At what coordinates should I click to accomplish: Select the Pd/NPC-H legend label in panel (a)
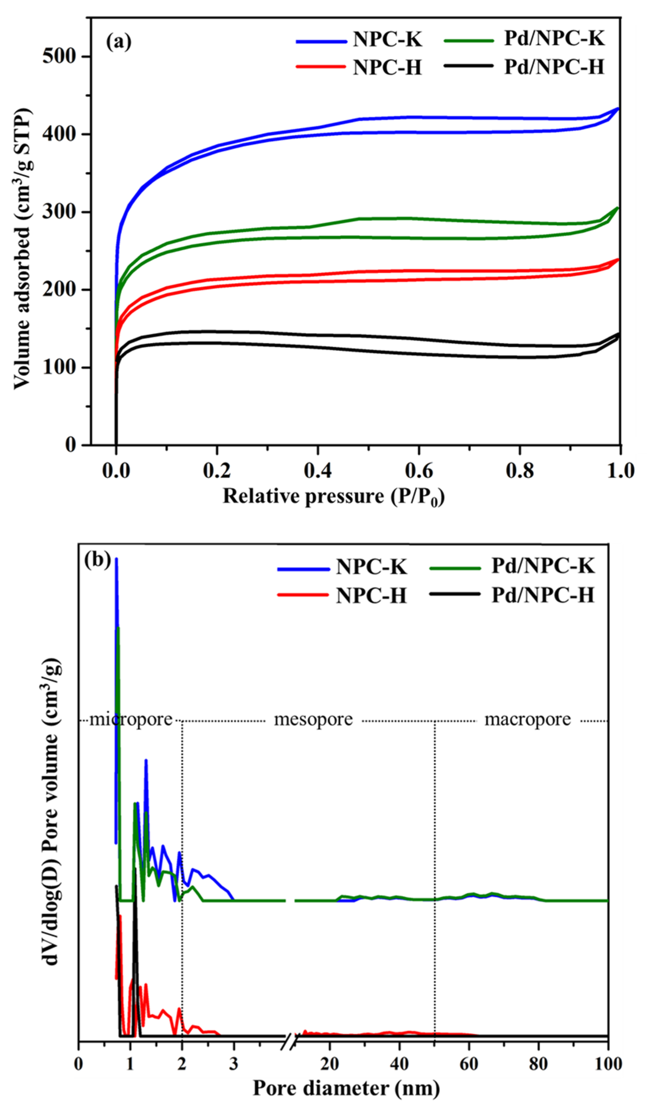point(554,67)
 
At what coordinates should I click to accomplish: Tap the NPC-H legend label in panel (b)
point(371,596)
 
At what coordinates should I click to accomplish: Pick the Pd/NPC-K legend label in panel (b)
point(543,565)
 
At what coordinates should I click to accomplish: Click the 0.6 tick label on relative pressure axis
point(418,470)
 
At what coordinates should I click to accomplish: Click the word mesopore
point(313,719)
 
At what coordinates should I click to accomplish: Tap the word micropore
point(131,719)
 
